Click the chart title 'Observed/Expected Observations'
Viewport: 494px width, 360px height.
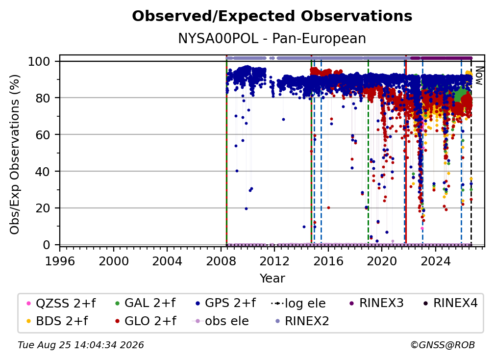pos(272,16)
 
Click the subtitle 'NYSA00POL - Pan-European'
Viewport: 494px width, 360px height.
pos(272,39)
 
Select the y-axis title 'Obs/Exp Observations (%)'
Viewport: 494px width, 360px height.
pos(15,154)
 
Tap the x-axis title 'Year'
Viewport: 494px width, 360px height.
pos(272,279)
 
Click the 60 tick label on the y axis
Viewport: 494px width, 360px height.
pos(43,134)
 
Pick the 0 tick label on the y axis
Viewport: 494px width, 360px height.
pos(47,245)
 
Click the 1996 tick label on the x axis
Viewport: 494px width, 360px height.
pos(60,261)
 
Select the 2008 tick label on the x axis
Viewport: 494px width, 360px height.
pos(221,261)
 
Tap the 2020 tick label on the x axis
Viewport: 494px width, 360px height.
pos(382,261)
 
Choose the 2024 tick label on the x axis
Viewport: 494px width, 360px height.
pos(435,261)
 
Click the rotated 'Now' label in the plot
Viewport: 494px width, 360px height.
pos(479,76)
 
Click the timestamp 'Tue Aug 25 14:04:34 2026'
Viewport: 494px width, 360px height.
pos(81,345)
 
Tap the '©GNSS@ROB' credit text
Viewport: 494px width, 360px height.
pos(443,345)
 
